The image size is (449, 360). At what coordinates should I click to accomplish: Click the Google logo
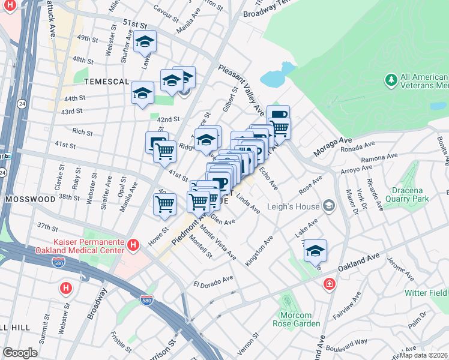20,353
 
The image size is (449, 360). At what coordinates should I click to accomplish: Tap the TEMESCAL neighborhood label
106,81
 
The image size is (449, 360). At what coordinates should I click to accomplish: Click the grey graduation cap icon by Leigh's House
329,206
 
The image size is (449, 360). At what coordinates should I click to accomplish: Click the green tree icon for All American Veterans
391,80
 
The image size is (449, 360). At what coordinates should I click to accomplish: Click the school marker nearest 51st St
145,42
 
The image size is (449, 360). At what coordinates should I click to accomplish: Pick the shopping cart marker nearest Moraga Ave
279,127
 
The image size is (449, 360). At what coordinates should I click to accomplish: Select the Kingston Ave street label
259,251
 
